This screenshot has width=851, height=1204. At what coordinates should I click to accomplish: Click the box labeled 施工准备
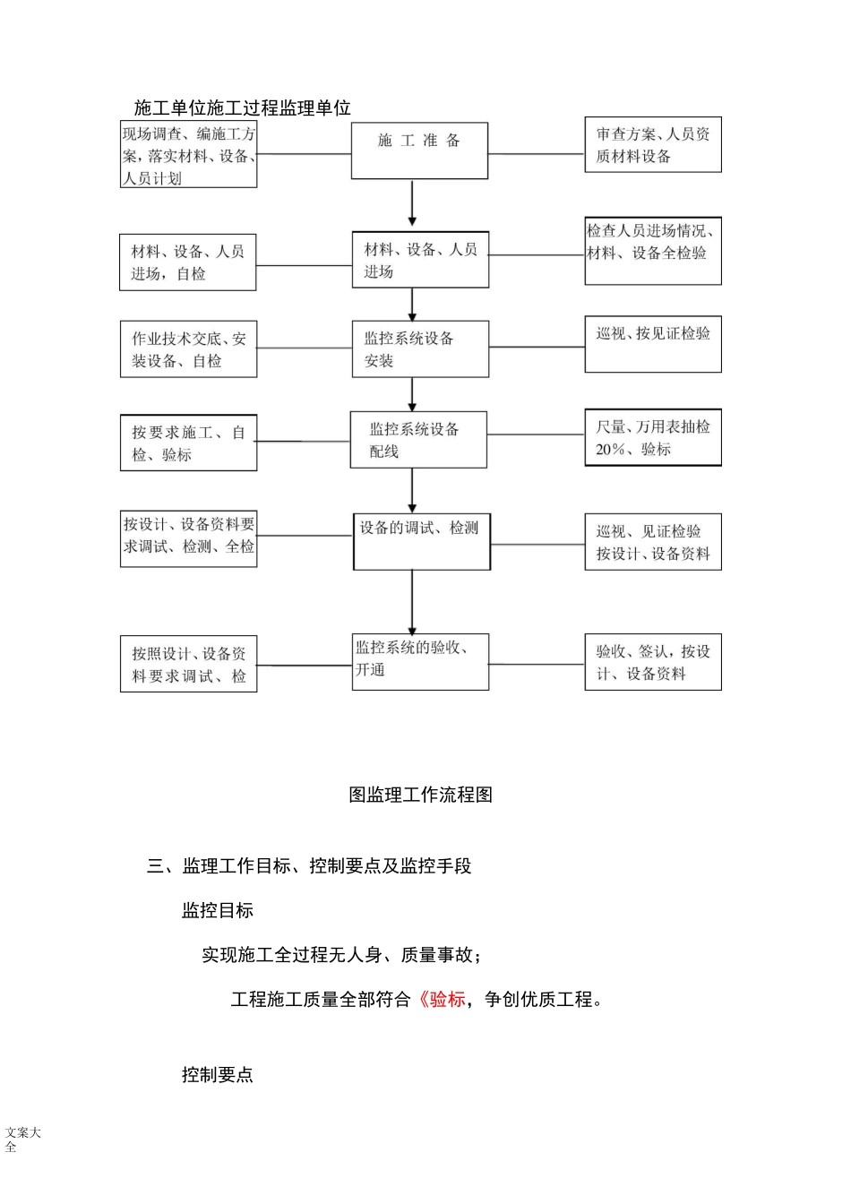click(x=419, y=150)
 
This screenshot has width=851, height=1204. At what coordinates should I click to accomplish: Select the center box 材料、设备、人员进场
click(x=420, y=260)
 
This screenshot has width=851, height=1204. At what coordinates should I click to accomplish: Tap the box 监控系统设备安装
click(x=420, y=348)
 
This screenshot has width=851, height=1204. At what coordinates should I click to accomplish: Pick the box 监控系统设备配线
click(x=418, y=440)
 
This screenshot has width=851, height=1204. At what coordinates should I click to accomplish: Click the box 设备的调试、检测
click(x=422, y=541)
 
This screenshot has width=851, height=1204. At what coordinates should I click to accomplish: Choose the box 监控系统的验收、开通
click(x=421, y=662)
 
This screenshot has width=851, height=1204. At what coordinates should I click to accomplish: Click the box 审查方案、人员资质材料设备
click(x=653, y=144)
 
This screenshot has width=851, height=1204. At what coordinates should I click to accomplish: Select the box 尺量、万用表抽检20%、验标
click(x=653, y=438)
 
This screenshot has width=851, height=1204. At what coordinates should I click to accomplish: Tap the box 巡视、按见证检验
click(x=653, y=344)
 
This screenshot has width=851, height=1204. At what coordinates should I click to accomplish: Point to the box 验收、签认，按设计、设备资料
click(x=653, y=663)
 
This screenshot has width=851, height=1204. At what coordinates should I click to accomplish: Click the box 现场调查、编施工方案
click(x=189, y=155)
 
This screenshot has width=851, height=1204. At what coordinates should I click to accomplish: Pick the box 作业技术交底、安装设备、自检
click(x=189, y=349)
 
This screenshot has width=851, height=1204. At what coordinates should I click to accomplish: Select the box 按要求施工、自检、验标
click(x=189, y=443)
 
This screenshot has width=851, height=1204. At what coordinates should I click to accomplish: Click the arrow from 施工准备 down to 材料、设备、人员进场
click(x=412, y=205)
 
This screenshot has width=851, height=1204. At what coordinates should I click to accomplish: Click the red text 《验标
click(x=442, y=999)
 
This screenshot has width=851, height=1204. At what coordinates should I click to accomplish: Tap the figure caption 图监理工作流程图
click(x=420, y=795)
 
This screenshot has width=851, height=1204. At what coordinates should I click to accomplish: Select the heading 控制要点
click(x=218, y=1074)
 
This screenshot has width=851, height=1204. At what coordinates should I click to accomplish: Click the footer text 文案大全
click(x=22, y=1139)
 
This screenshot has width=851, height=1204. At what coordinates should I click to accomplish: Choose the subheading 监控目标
click(x=218, y=910)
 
